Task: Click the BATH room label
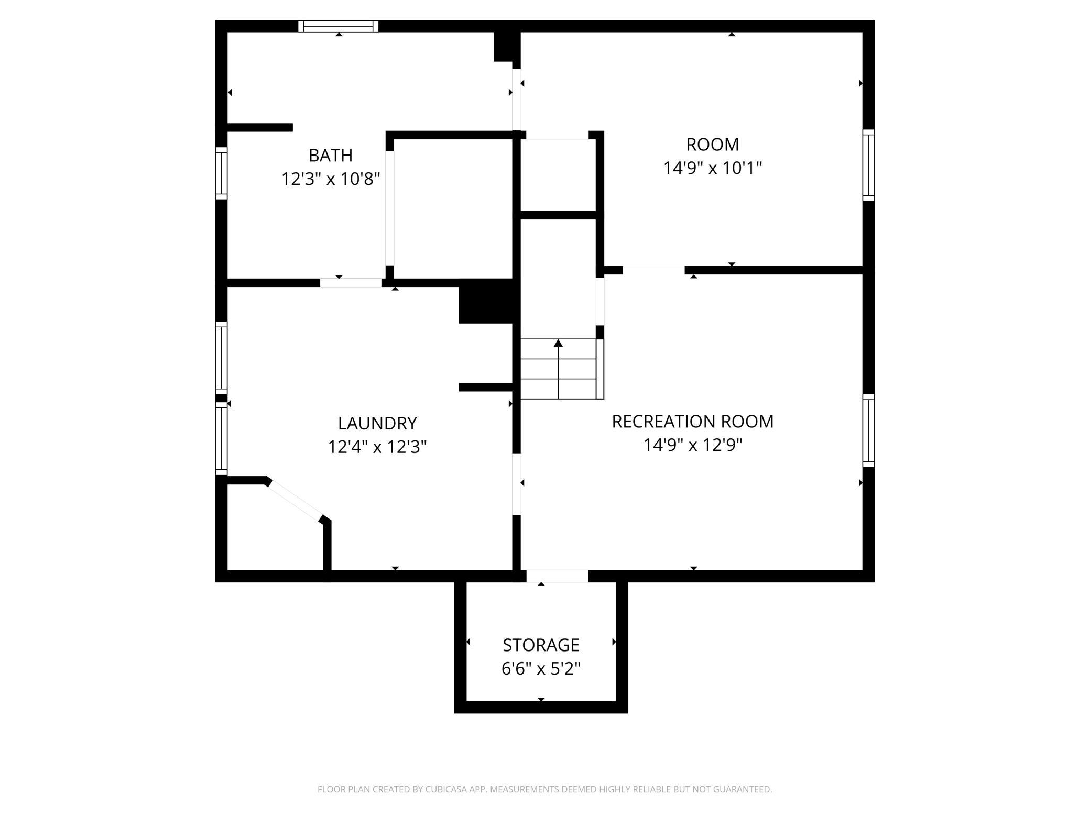pos(330,156)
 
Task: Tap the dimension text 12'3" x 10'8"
pos(330,179)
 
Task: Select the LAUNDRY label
pos(377,423)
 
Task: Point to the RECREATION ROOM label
pos(693,422)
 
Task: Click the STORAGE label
pos(541,645)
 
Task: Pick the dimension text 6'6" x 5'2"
pos(541,669)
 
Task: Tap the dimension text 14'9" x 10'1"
pos(713,168)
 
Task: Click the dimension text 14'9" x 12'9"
pos(693,445)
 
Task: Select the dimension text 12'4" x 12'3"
pos(377,447)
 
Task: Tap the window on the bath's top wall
pos(339,27)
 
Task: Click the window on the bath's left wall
pos(222,173)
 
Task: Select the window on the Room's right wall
pos(868,165)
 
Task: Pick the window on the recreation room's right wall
pos(868,430)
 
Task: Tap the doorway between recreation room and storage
pos(557,576)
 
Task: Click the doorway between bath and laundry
pos(351,283)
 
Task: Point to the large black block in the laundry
pos(486,301)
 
